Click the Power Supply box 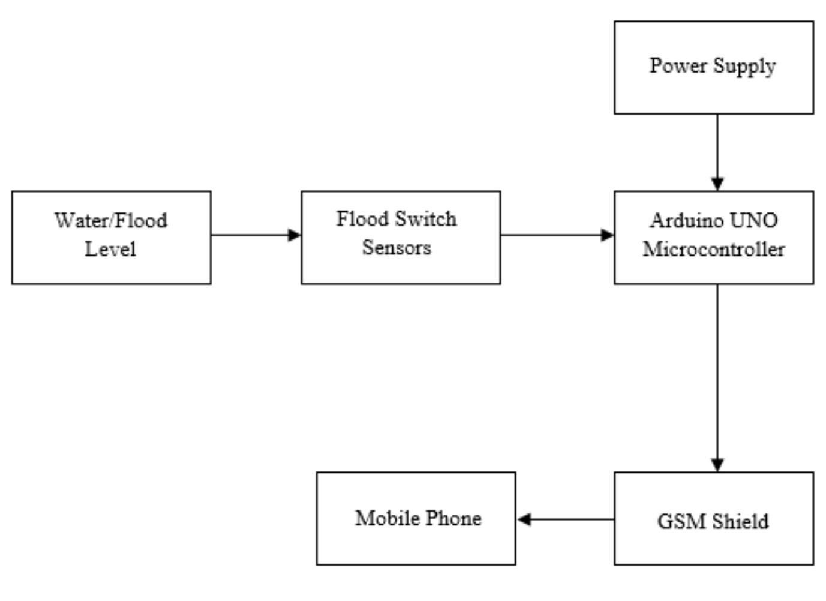click(x=713, y=68)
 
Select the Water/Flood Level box click(x=111, y=238)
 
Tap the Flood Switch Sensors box click(x=400, y=238)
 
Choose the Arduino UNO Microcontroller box click(x=713, y=238)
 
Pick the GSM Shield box click(x=713, y=518)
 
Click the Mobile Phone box click(x=416, y=518)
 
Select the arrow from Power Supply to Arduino click(x=717, y=150)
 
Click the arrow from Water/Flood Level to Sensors click(x=255, y=235)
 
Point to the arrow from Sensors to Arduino click(x=557, y=235)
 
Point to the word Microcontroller click(x=713, y=249)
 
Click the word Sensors click(x=397, y=248)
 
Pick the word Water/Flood click(x=111, y=220)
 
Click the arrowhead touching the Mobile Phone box click(x=524, y=519)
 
